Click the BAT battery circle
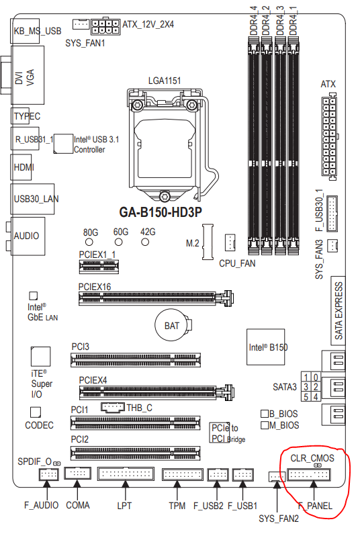[x=172, y=325]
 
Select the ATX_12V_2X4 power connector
[x=105, y=27]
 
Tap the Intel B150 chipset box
[x=266, y=347]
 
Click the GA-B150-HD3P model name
[x=161, y=212]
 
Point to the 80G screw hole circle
[x=89, y=242]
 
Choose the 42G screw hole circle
[x=145, y=242]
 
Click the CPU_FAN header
[x=230, y=242]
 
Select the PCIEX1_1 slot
[x=99, y=267]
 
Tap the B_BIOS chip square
[x=264, y=414]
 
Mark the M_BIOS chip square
[x=264, y=425]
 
